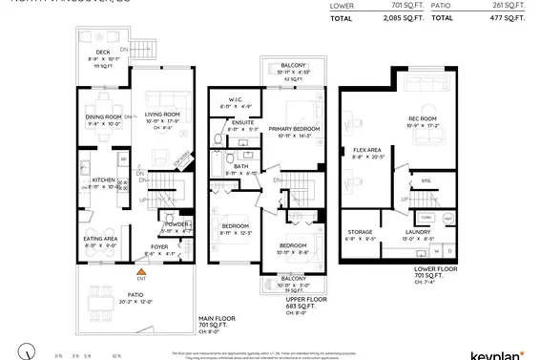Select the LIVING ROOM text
(x=163, y=115)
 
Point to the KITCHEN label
(x=103, y=180)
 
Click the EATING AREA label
(x=100, y=239)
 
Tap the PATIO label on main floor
(x=135, y=295)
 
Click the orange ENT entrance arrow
(x=141, y=270)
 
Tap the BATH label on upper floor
(x=240, y=165)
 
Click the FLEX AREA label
(x=367, y=150)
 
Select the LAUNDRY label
(x=420, y=232)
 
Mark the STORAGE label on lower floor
(x=360, y=231)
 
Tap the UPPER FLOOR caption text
(x=306, y=298)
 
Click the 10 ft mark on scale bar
(x=116, y=355)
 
